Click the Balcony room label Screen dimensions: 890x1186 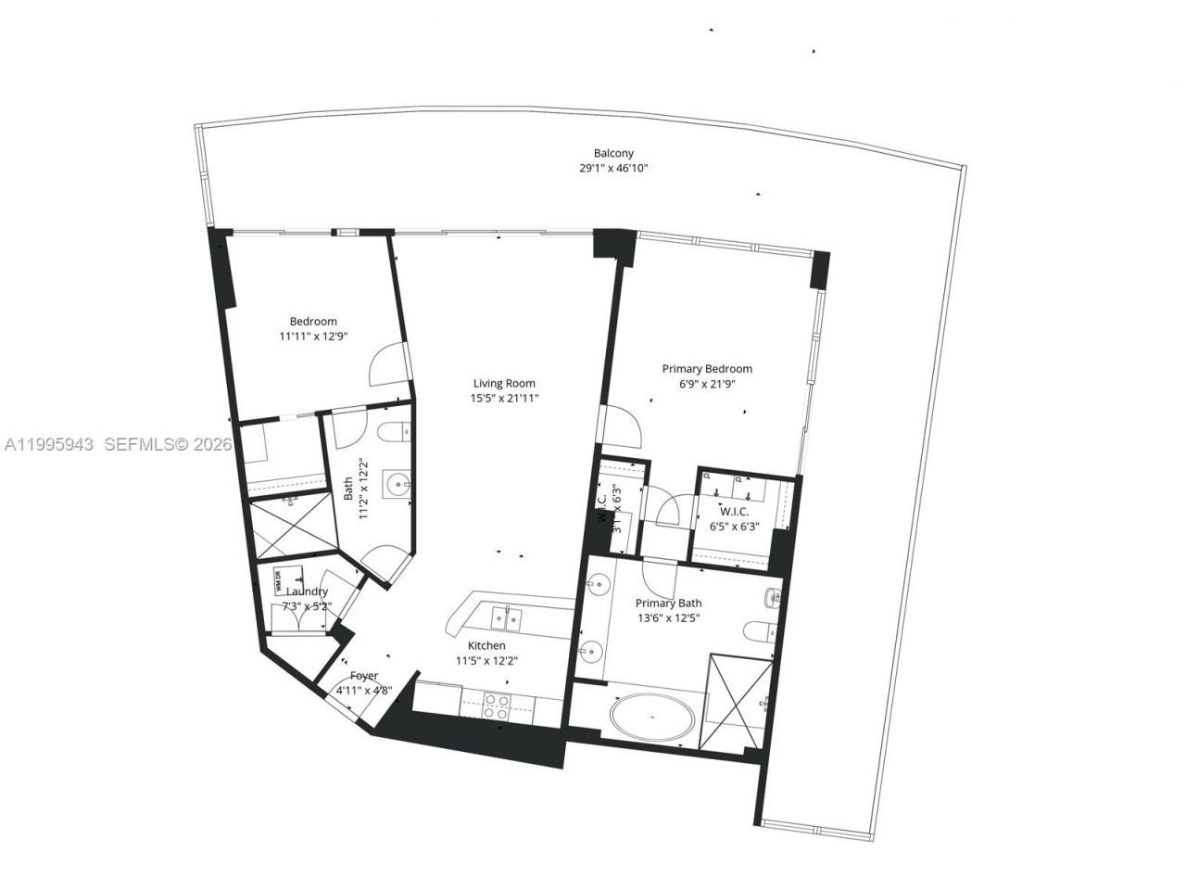click(x=613, y=153)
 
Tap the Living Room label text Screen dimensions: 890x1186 click(x=504, y=383)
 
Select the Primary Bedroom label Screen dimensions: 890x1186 click(x=707, y=368)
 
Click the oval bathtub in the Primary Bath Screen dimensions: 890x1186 click(x=654, y=717)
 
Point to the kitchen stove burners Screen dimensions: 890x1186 click(x=497, y=706)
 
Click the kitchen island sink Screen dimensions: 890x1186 click(x=506, y=615)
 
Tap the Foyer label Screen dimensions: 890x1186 click(x=363, y=676)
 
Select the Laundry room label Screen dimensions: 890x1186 click(x=307, y=591)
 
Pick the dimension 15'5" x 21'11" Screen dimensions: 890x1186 click(x=504, y=399)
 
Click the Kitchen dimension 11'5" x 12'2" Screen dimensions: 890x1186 click(x=486, y=661)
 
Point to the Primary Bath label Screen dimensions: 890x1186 click(x=668, y=603)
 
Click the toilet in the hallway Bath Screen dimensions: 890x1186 click(x=395, y=433)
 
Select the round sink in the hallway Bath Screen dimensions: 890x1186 click(x=398, y=482)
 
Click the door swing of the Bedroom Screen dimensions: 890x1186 click(x=387, y=366)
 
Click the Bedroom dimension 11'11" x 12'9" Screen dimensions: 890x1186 click(x=313, y=337)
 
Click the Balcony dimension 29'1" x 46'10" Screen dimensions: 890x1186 click(x=613, y=169)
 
